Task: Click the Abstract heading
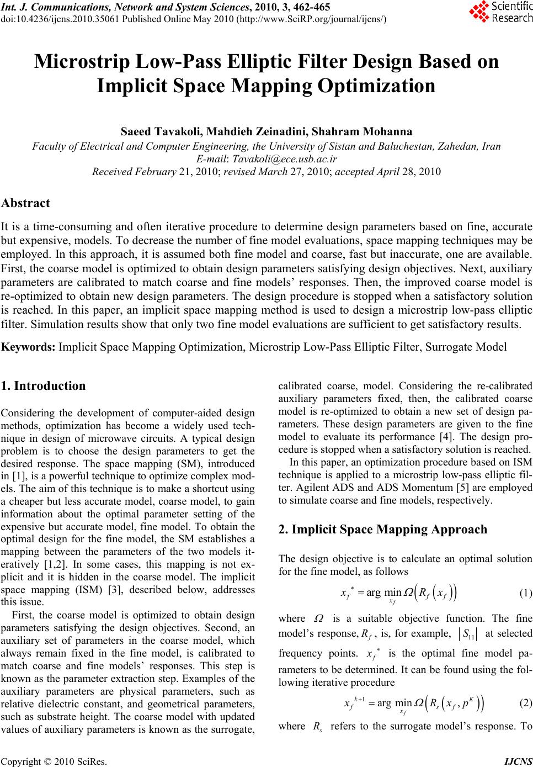click(26, 203)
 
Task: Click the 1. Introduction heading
click(44, 386)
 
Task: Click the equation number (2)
click(526, 703)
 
